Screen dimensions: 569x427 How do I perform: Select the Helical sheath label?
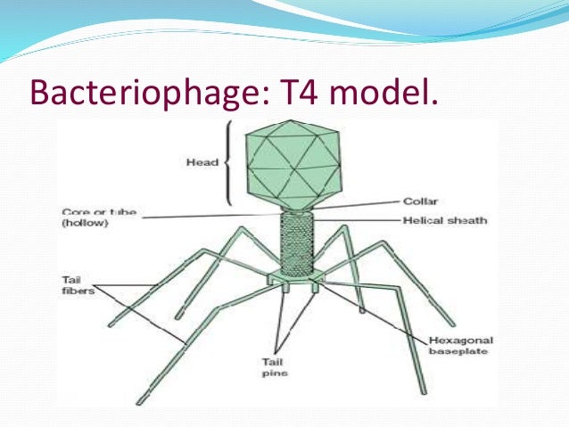click(455, 219)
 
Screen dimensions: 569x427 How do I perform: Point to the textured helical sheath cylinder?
click(298, 244)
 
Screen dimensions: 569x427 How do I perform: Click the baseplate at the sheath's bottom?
click(298, 284)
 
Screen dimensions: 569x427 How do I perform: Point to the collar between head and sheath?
click(298, 208)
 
